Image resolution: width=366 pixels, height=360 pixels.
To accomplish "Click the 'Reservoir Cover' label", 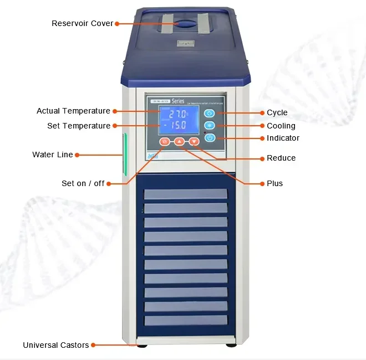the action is pyautogui.click(x=82, y=23).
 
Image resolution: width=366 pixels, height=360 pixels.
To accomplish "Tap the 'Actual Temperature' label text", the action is pyautogui.click(x=73, y=111).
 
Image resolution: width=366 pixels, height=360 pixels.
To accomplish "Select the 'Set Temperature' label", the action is pyautogui.click(x=79, y=126).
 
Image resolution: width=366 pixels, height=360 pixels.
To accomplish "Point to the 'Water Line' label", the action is pyautogui.click(x=53, y=155).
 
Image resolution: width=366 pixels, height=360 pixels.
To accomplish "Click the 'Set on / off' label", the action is pyautogui.click(x=83, y=183).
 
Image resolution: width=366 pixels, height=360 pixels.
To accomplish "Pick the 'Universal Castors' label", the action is pyautogui.click(x=56, y=345).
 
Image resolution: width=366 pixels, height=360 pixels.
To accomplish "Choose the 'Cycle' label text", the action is pyautogui.click(x=277, y=113).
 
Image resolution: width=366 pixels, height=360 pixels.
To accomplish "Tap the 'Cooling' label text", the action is pyautogui.click(x=281, y=126).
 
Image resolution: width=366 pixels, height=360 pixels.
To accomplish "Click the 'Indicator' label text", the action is pyautogui.click(x=283, y=138).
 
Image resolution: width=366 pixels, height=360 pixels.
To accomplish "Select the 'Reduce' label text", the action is pyautogui.click(x=281, y=158).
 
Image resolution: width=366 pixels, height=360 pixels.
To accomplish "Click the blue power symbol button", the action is pyautogui.click(x=210, y=138).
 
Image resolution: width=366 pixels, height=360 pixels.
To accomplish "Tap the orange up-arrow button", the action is pyautogui.click(x=179, y=142).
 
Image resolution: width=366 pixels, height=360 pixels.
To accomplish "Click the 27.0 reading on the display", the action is pyautogui.click(x=178, y=114).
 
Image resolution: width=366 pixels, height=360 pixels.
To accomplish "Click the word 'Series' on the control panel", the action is pyautogui.click(x=177, y=101).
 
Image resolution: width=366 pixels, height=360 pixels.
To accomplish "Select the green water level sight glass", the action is pyautogui.click(x=125, y=155).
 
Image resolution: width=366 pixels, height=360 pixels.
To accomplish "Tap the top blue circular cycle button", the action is pyautogui.click(x=210, y=114).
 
